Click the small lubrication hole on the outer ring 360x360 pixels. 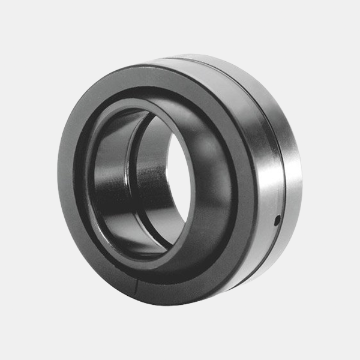pyautogui.click(x=277, y=220)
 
